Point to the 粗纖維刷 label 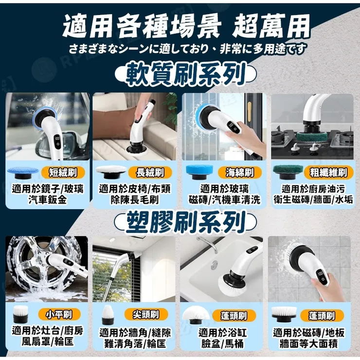(328, 172)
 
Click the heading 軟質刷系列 (185, 76)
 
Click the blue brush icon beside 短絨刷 (24, 172)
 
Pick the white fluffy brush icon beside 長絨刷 (110, 172)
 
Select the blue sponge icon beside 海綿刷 (199, 172)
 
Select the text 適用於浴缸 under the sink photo (221, 333)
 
